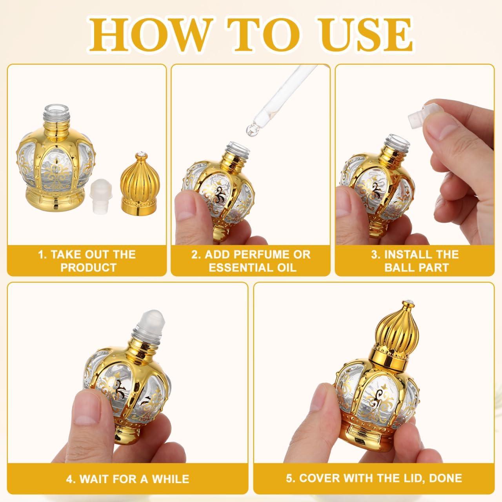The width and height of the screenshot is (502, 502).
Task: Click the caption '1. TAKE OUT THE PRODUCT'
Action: [87, 261]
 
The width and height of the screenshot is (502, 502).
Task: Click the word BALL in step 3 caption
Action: [398, 267]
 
